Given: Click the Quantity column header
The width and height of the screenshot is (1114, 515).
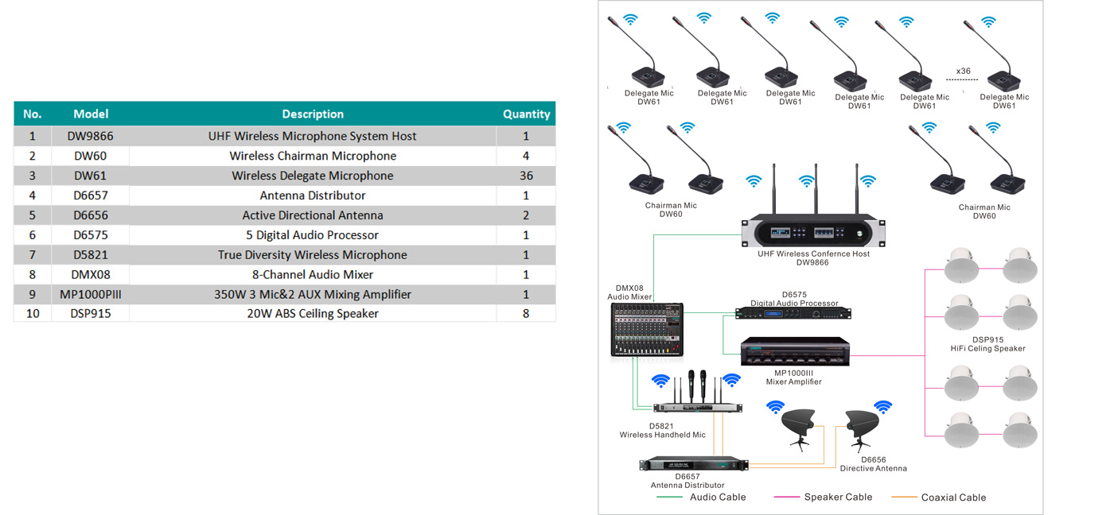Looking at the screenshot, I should [x=526, y=114].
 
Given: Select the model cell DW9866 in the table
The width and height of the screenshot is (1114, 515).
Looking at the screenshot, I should [x=90, y=136].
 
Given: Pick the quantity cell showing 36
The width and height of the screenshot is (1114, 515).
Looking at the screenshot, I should [x=526, y=176].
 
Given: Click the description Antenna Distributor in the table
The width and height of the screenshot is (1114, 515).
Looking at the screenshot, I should [x=313, y=196].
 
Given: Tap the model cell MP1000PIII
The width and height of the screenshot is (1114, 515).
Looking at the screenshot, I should [x=90, y=294].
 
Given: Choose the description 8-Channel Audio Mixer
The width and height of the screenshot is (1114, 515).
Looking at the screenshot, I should [x=313, y=274].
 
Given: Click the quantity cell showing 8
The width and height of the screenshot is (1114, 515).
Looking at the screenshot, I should [x=526, y=313].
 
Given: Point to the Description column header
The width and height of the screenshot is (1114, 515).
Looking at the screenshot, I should [x=313, y=114].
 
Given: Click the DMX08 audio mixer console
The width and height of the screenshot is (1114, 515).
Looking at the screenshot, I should [x=647, y=330].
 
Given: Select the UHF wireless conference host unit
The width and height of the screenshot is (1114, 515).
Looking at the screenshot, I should [x=812, y=232].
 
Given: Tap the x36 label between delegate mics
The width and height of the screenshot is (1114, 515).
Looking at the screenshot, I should [x=963, y=72].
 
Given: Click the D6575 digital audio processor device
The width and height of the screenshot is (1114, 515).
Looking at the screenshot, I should [x=793, y=313].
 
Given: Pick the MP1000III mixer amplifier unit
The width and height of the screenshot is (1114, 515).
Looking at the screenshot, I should [x=794, y=352].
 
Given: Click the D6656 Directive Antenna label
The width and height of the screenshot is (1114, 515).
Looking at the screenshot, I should [x=873, y=464].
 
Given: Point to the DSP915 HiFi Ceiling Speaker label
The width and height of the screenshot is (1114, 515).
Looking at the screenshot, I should [x=987, y=344].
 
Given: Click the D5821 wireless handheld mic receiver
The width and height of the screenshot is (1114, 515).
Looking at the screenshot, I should [x=697, y=408].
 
